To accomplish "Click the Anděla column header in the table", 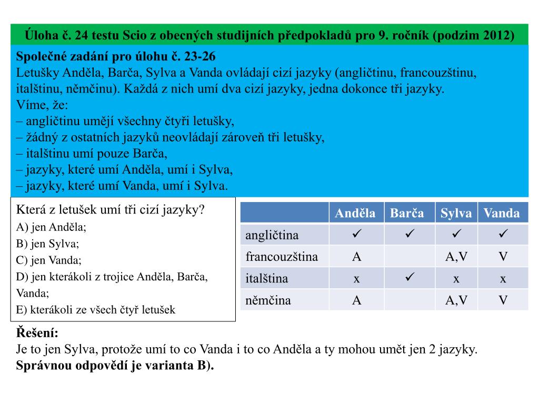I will click(356, 213).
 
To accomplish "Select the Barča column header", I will click(406, 213).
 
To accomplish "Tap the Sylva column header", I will click(456, 213).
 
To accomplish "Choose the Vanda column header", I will click(502, 213).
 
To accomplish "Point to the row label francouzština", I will click(282, 257).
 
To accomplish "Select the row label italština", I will click(267, 279).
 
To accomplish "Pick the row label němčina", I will click(268, 301).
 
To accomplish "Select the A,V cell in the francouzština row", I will click(456, 257).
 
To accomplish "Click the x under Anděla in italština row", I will click(356, 279).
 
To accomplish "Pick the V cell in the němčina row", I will click(503, 301).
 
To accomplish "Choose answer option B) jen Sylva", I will click(48, 244).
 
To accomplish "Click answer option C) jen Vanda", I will click(49, 260).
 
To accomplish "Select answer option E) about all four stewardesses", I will click(96, 310).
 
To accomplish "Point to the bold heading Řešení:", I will click(37, 333).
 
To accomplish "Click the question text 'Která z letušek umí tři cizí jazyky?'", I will click(111, 210).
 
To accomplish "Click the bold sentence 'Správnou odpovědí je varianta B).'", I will click(115, 366).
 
